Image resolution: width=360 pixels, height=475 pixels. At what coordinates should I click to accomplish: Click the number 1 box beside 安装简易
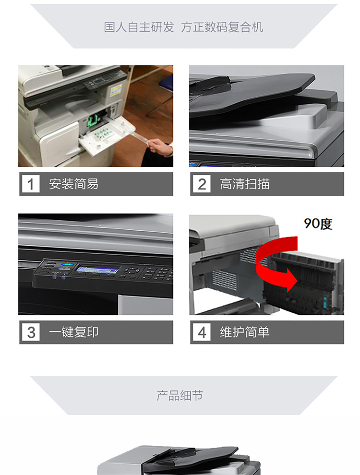31,184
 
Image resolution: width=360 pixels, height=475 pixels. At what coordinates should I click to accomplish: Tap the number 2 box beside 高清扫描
202,184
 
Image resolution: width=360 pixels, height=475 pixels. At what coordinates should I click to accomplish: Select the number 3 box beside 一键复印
31,332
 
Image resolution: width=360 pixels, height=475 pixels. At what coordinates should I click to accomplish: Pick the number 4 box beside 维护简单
202,332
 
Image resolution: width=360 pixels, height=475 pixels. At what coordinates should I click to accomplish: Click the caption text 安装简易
73,184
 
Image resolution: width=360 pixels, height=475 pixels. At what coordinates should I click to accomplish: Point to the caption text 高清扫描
245,184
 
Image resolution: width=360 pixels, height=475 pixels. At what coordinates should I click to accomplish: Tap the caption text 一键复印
73,332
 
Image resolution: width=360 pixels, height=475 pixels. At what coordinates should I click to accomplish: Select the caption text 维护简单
245,332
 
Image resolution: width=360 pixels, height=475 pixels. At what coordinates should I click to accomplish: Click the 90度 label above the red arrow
318,224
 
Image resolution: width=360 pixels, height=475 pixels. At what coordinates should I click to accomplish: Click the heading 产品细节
180,395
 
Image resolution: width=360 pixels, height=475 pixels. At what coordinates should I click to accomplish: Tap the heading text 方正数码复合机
222,27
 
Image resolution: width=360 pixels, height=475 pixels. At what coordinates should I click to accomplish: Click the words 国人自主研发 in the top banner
139,27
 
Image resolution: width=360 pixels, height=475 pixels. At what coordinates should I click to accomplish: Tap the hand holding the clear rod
159,146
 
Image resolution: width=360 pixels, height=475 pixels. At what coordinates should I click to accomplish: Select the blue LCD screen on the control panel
97,269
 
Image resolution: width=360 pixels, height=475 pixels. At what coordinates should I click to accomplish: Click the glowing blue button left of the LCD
67,264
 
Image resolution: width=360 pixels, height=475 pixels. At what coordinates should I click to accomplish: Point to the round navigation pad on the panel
131,271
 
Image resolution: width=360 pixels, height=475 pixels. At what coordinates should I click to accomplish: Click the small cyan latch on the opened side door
325,302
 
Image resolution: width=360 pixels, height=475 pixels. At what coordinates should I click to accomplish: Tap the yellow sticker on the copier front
116,90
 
